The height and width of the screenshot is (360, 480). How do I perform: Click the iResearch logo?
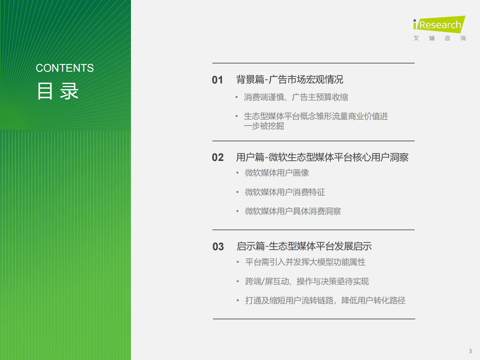[439, 24]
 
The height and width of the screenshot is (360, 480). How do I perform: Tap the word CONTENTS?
[65, 68]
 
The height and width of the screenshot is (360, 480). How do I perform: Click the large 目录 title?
[58, 91]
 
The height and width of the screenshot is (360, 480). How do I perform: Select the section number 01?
[217, 80]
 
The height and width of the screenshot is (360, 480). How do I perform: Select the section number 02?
[218, 157]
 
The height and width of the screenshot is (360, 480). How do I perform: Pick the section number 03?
[218, 247]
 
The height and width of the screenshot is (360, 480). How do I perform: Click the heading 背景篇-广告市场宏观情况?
[289, 80]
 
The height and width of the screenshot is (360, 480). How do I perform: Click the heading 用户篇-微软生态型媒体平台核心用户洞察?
[322, 157]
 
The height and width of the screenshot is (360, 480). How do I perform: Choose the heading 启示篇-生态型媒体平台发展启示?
[304, 246]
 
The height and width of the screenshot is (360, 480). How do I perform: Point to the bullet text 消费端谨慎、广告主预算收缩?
[296, 97]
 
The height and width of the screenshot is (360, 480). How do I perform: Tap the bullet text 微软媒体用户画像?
[277, 173]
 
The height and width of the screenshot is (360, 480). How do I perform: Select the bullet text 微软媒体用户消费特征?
[285, 192]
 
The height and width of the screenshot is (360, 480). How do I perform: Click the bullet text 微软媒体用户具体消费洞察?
[293, 211]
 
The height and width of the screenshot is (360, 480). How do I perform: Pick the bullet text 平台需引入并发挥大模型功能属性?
[305, 262]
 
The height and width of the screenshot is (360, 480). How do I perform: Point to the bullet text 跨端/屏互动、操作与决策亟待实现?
[307, 281]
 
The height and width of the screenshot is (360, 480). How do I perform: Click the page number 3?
[470, 351]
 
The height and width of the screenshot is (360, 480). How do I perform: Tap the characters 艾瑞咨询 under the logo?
[439, 38]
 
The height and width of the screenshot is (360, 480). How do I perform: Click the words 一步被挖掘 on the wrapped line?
[264, 126]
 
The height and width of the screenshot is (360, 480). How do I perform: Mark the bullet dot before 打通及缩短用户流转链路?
[238, 300]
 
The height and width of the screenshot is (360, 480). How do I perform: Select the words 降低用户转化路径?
[374, 300]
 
